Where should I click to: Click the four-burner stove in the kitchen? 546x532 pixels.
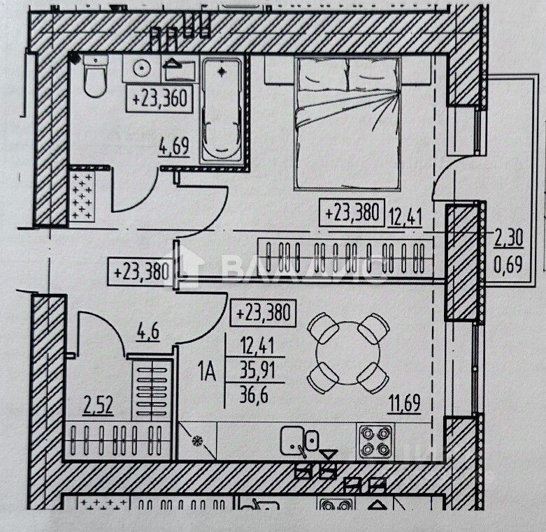[x=376, y=441]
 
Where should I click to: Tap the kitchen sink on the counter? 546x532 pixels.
[x=300, y=441]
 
